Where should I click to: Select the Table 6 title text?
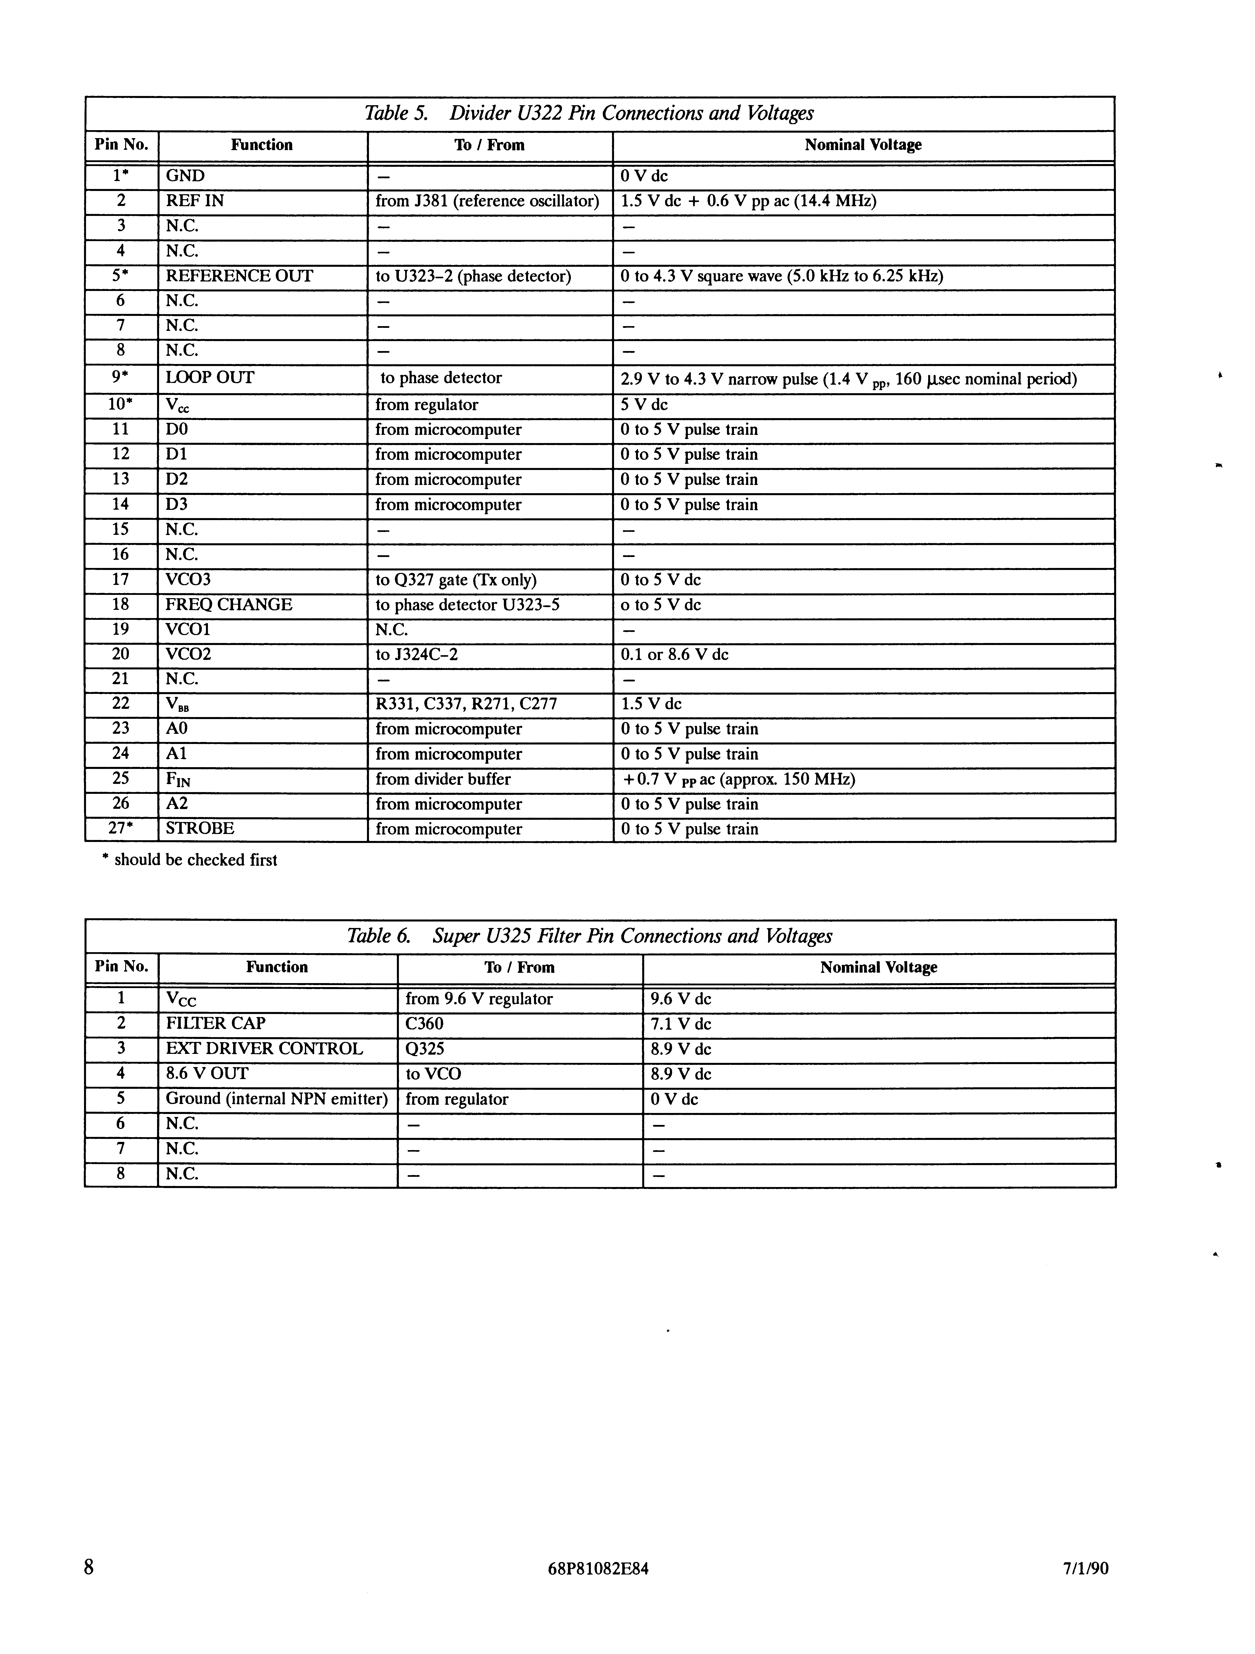589,936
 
